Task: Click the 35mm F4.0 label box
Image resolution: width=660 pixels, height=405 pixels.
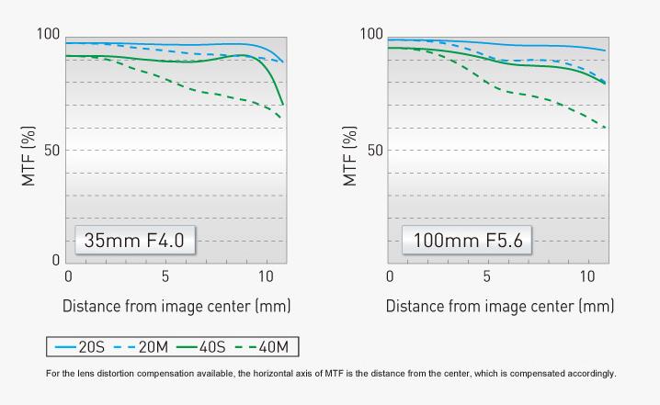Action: [134, 241]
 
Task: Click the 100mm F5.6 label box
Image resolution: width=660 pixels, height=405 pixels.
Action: [467, 241]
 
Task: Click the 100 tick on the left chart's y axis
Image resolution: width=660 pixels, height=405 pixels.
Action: [48, 34]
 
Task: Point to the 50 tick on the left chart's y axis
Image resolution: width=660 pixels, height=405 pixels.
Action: [51, 150]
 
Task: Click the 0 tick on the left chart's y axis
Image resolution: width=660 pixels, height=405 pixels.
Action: [55, 261]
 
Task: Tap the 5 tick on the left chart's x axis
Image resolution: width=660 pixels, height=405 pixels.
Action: [165, 276]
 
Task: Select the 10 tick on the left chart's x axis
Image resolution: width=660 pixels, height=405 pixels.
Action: [266, 276]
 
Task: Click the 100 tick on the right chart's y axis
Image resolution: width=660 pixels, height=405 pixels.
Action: [371, 34]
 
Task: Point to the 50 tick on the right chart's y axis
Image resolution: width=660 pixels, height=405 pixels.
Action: [375, 150]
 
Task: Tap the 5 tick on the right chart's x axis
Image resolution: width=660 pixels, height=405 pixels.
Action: [487, 276]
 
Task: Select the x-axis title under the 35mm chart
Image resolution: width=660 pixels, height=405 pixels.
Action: [176, 305]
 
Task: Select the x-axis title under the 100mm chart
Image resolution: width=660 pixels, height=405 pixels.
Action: [499, 305]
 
